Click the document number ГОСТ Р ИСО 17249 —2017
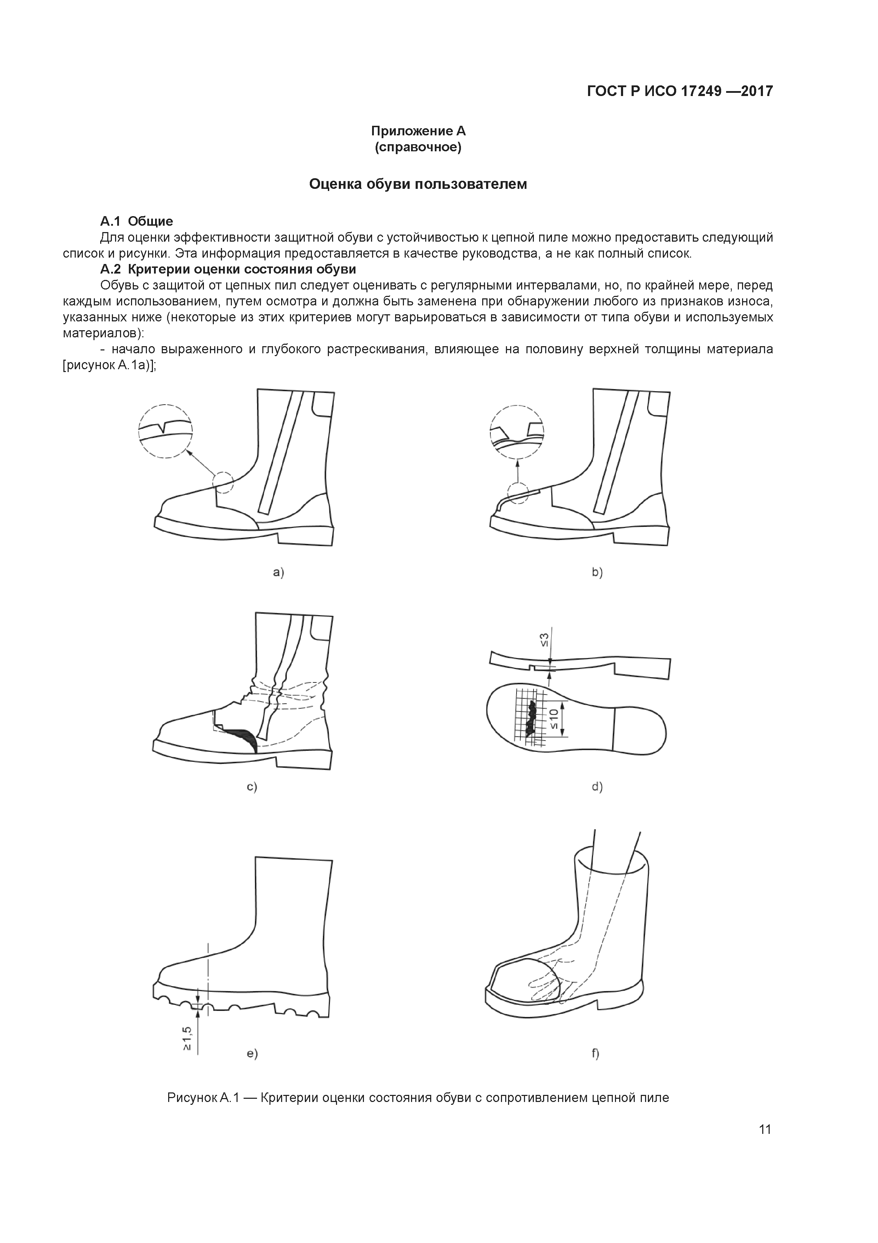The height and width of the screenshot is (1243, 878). point(680,91)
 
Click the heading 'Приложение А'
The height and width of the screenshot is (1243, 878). point(418,131)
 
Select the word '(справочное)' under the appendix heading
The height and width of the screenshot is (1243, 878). point(418,147)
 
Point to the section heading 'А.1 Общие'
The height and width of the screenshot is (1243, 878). point(136,221)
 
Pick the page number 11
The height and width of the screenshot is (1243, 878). point(765,1129)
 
